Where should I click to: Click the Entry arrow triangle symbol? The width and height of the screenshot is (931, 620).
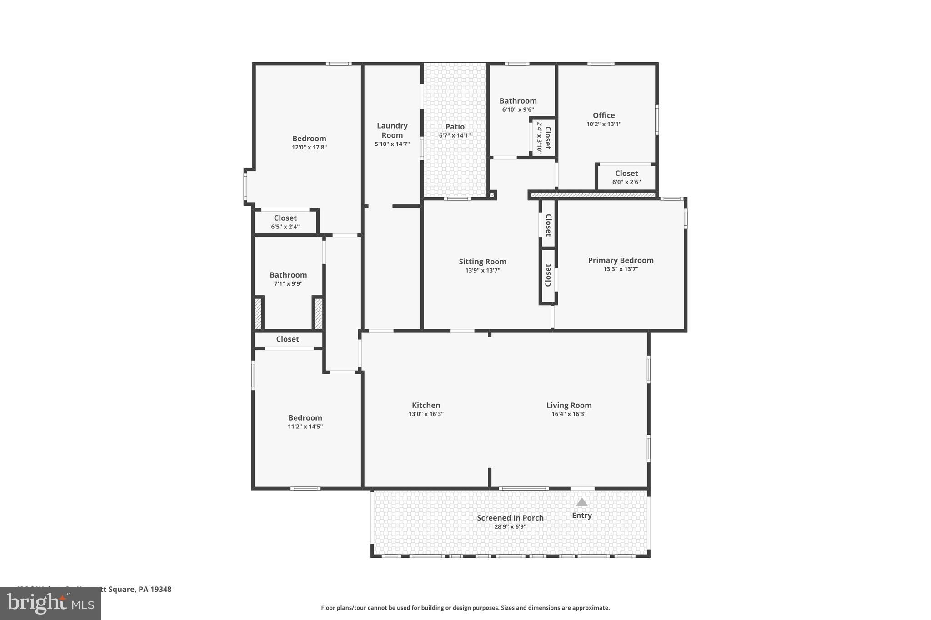582,502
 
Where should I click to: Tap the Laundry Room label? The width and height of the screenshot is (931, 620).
392,130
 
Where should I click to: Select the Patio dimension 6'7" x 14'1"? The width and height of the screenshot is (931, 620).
455,135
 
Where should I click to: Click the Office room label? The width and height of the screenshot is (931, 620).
603,115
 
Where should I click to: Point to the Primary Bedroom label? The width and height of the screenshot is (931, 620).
621,260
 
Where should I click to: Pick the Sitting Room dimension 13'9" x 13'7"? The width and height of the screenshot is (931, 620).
482,270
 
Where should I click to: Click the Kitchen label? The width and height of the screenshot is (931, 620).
426,405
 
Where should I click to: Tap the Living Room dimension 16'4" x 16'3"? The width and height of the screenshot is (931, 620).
569,414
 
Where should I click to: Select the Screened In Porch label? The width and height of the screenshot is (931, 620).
510,518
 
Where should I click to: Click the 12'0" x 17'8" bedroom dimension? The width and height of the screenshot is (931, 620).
309,147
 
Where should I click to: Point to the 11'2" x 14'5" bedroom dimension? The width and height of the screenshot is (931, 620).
305,427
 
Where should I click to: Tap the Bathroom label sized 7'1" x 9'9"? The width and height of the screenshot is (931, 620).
288,275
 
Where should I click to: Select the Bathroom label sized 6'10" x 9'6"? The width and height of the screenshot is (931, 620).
518,101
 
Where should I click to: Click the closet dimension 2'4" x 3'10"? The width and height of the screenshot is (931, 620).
540,138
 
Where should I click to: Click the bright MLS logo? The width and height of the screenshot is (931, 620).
50,604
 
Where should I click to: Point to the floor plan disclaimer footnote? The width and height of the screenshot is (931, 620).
465,608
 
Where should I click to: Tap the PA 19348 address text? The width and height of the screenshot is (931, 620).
155,589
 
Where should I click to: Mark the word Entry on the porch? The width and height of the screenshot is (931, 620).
582,516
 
